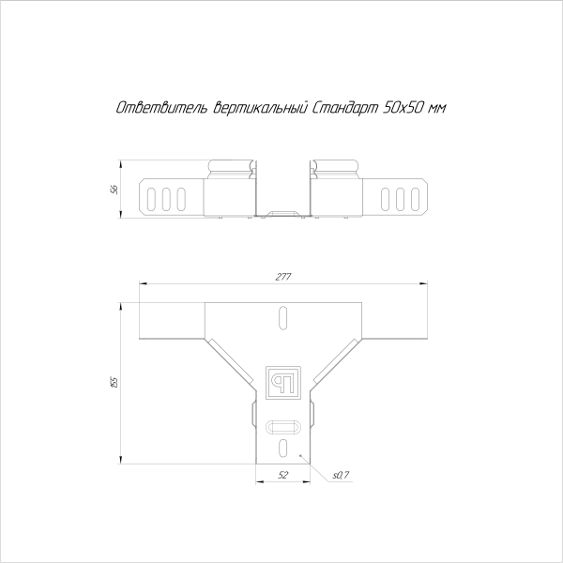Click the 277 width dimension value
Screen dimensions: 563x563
[x=282, y=276]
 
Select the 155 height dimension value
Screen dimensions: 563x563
[x=114, y=382]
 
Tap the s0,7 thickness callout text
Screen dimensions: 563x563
[x=341, y=476]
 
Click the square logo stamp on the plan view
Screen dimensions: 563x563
[x=282, y=379]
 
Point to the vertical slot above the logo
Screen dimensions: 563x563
[x=282, y=318]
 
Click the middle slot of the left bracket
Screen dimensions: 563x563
[x=167, y=198]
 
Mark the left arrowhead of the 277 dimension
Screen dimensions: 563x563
[x=143, y=282]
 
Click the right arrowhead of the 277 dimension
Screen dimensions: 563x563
[x=422, y=282]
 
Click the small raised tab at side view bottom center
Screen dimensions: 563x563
[x=282, y=216]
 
